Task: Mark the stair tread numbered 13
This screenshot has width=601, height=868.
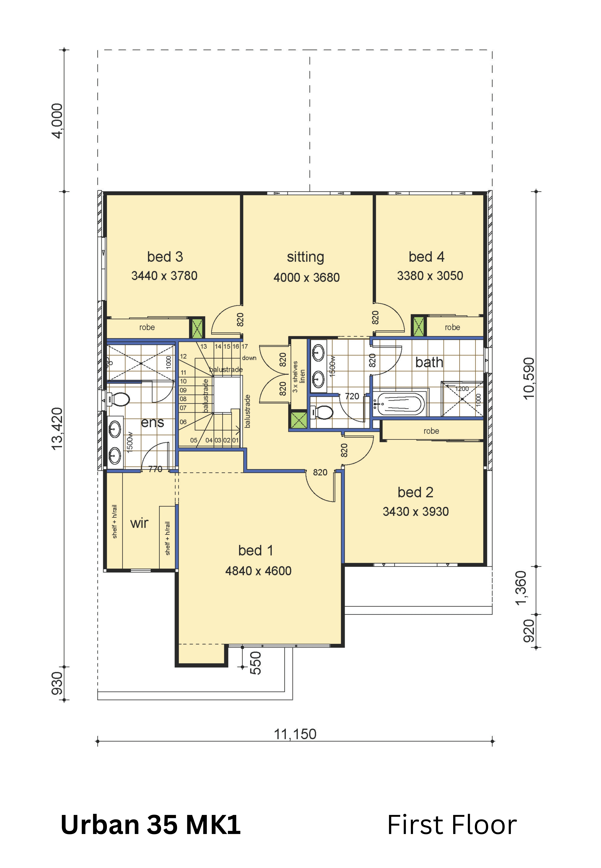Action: tap(203, 346)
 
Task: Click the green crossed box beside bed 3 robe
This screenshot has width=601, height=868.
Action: tap(197, 328)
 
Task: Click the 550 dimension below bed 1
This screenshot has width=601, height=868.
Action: tap(255, 663)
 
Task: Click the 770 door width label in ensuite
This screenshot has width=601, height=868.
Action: tap(155, 469)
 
